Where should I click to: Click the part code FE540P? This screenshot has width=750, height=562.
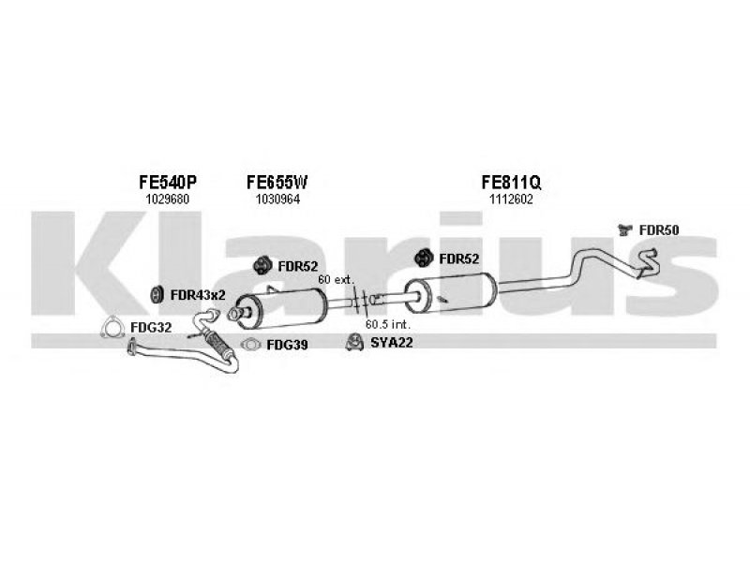[x=169, y=184]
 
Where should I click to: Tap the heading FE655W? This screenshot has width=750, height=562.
[x=277, y=184]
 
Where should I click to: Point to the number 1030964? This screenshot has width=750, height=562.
[x=277, y=200]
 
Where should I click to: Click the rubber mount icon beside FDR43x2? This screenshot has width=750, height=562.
[x=157, y=294]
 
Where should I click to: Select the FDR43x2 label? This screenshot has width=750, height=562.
[x=198, y=295]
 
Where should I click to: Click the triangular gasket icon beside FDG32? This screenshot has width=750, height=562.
[x=113, y=327]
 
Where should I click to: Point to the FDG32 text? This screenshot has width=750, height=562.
[x=151, y=328]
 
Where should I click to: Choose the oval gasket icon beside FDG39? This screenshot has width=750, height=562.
[x=251, y=345]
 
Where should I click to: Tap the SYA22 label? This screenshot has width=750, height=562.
[x=391, y=344]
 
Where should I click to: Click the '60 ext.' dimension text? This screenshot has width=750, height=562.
[x=336, y=280]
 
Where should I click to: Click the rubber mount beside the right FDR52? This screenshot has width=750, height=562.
[x=424, y=259]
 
